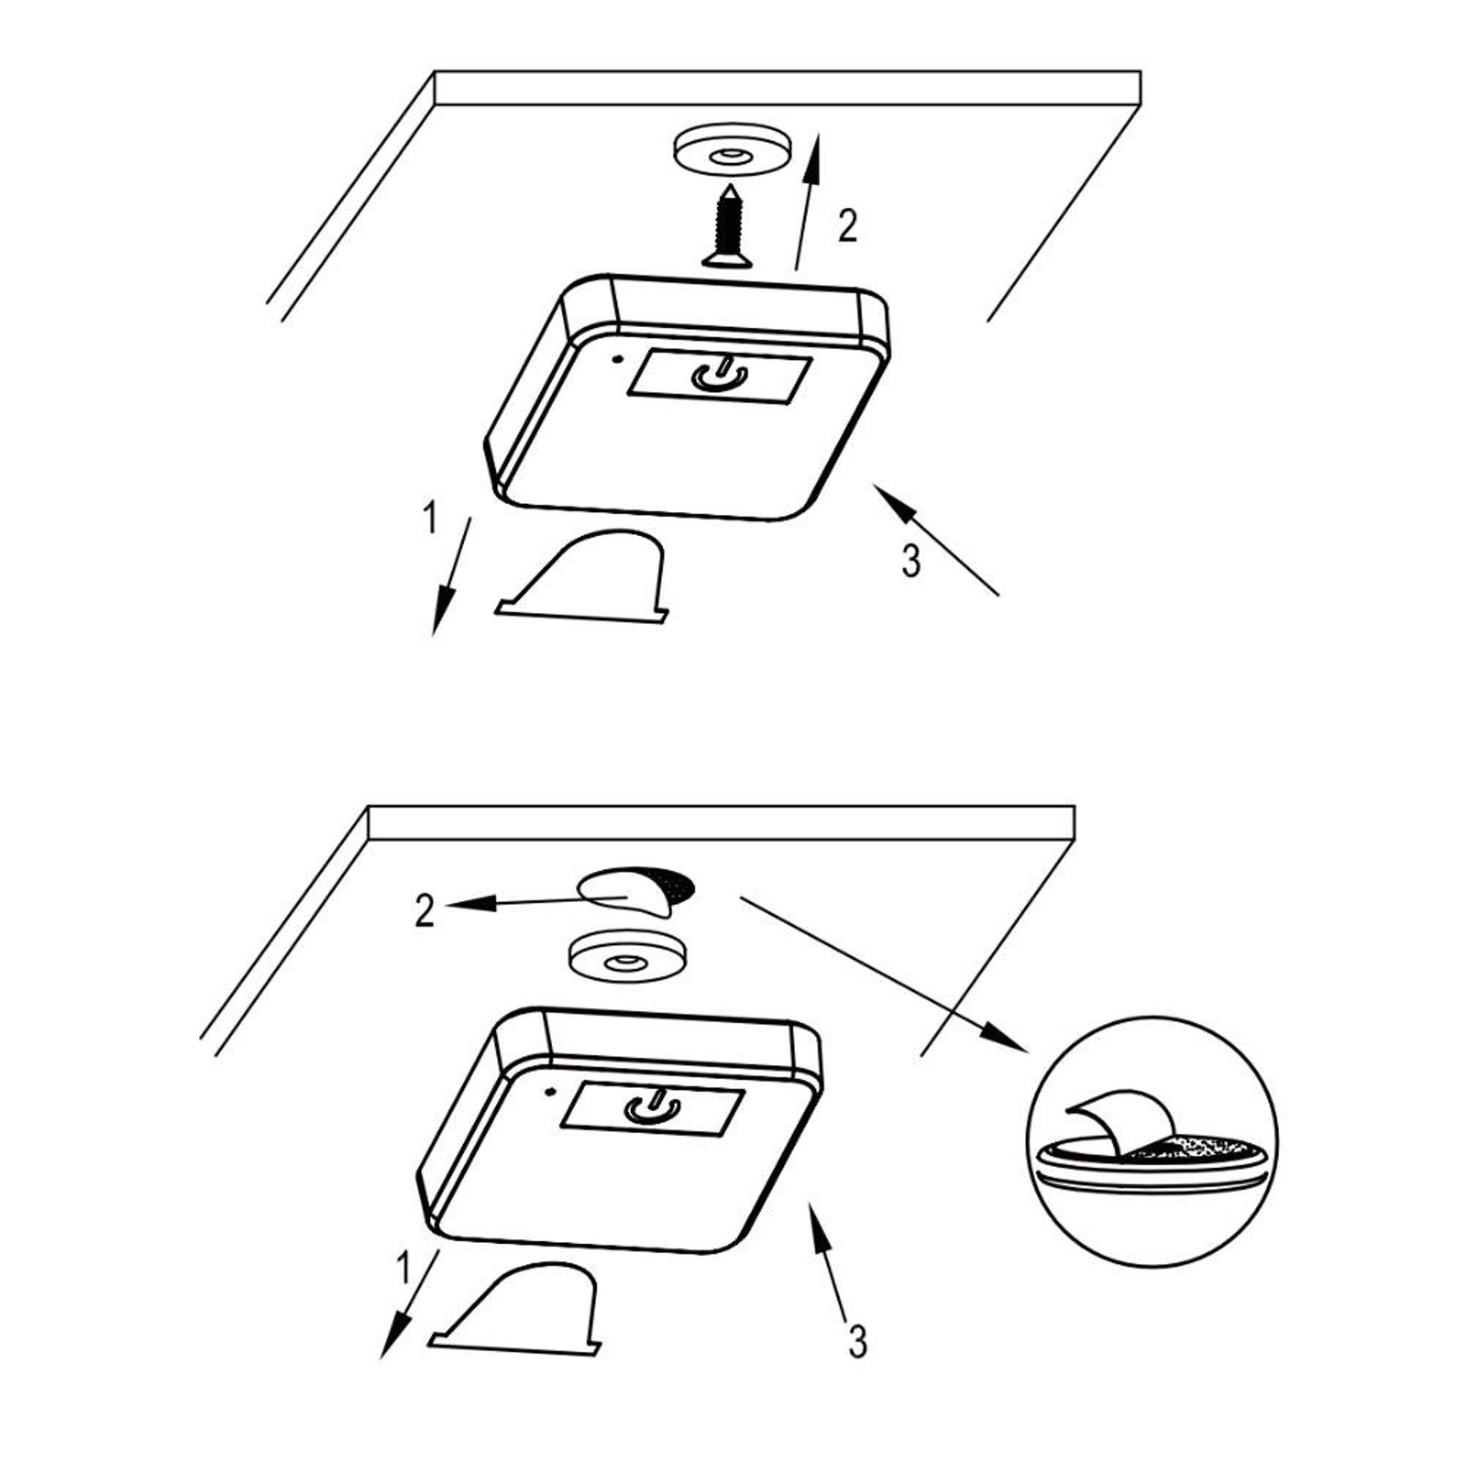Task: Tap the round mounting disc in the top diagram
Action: (x=731, y=154)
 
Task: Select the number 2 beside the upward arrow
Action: (x=848, y=226)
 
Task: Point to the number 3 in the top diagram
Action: (x=911, y=562)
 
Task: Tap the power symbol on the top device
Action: (x=720, y=373)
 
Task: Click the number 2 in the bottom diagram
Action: (x=425, y=911)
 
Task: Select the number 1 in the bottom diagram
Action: (x=403, y=1267)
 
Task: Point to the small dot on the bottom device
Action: (x=550, y=1092)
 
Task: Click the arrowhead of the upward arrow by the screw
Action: (x=814, y=155)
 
